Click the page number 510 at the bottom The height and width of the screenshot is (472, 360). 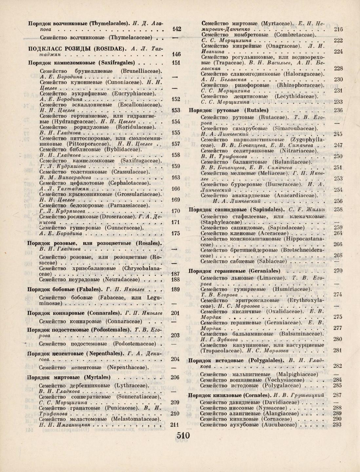[x=183, y=436]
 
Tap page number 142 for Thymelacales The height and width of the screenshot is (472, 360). [x=177, y=29]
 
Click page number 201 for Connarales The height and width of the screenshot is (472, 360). [x=175, y=313]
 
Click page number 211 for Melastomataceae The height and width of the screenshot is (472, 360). [x=175, y=425]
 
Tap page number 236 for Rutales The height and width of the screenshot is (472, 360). [x=338, y=110]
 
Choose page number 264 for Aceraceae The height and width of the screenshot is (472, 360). [x=338, y=233]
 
